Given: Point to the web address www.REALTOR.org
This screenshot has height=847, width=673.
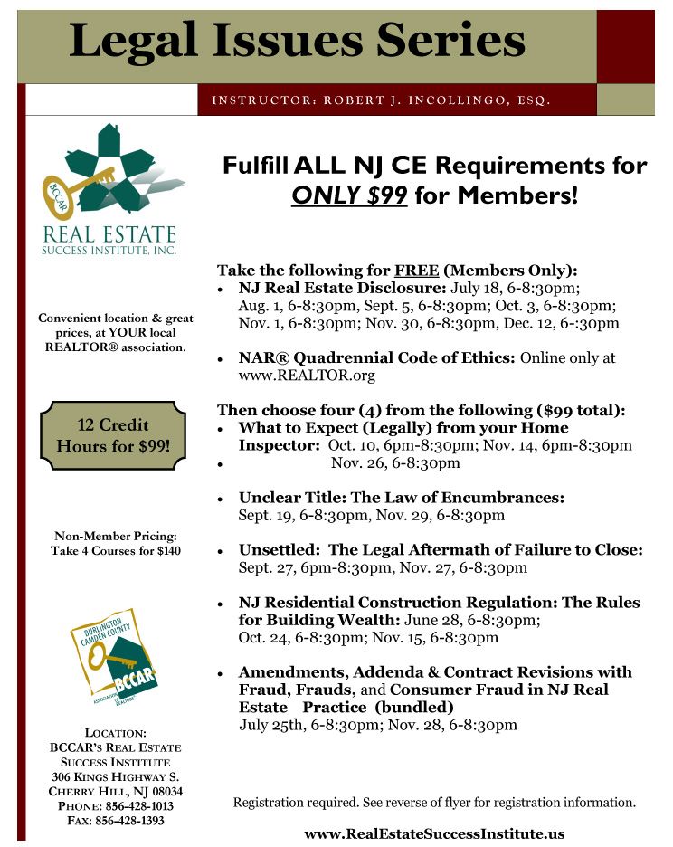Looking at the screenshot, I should coord(307,375).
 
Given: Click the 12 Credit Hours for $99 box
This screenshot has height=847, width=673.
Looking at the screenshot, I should coord(113,435).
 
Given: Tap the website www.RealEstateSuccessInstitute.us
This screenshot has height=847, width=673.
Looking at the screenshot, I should coord(434,833).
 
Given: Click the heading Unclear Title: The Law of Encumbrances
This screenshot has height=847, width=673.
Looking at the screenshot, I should coord(402,498).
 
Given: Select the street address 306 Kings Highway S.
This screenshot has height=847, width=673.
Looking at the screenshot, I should coord(115,776).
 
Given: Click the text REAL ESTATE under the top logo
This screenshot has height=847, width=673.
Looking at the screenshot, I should coord(109,235).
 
